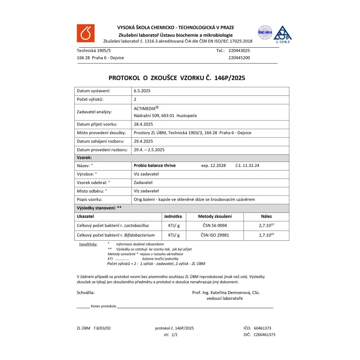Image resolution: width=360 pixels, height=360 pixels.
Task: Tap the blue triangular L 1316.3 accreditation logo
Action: pyautogui.click(x=283, y=34)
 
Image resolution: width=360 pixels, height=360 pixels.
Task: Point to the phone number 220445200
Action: pyautogui.click(x=239, y=58)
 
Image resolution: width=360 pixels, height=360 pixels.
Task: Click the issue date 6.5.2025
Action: pyautogui.click(x=142, y=91)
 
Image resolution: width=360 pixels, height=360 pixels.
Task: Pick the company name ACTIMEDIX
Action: pyautogui.click(x=145, y=108)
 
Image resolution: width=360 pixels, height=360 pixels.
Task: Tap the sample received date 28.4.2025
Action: pyautogui.click(x=144, y=124)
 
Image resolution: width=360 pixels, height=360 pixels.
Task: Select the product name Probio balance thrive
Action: pyautogui.click(x=155, y=166)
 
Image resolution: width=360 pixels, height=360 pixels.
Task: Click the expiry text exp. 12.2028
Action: pyautogui.click(x=213, y=166)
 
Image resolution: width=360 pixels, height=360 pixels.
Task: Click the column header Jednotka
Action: pyautogui.click(x=173, y=216)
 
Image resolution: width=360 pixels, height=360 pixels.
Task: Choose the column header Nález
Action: pyautogui.click(x=266, y=216)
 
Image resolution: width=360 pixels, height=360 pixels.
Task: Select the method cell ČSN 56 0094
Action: pyautogui.click(x=215, y=225)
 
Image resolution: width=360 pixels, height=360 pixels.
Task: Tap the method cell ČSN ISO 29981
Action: pyautogui.click(x=215, y=235)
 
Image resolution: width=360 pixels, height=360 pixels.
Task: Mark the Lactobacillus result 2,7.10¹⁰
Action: pyautogui.click(x=266, y=225)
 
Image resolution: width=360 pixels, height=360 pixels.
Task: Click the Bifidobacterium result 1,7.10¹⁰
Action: pyautogui.click(x=266, y=235)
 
